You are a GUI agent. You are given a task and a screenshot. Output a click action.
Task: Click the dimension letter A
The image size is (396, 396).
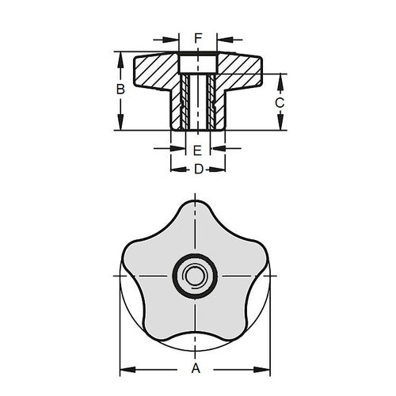[195, 368]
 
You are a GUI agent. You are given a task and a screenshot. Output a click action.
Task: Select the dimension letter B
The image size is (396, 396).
[120, 90]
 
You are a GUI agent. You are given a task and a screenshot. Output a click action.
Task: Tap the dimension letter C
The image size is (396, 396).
[280, 102]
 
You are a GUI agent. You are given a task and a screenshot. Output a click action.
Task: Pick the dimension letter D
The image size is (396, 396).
[198, 169]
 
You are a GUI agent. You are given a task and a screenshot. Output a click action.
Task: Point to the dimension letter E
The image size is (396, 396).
[198, 149]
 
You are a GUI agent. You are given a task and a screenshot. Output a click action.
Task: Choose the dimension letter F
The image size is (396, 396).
[198, 36]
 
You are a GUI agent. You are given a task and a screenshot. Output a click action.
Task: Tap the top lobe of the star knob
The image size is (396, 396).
[193, 217]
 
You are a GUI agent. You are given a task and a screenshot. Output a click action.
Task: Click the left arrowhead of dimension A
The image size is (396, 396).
[124, 368]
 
